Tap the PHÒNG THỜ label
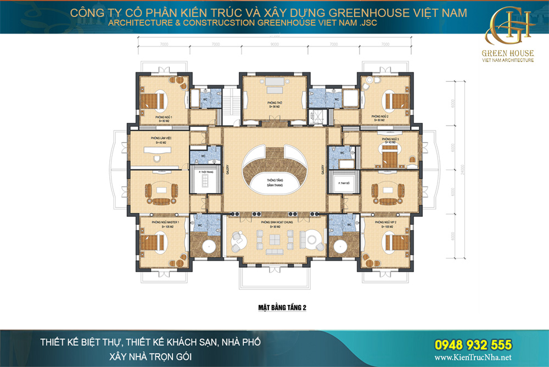pyautogui.click(x=275, y=103)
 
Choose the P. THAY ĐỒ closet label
pyautogui.click(x=344, y=183)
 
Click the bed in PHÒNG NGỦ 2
pyautogui.click(x=395, y=101)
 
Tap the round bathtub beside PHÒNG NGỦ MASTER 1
pyautogui.click(x=209, y=246)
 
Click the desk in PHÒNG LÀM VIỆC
pyautogui.click(x=157, y=149)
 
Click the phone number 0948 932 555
pyautogui.click(x=473, y=345)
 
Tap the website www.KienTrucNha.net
pyautogui.click(x=473, y=357)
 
